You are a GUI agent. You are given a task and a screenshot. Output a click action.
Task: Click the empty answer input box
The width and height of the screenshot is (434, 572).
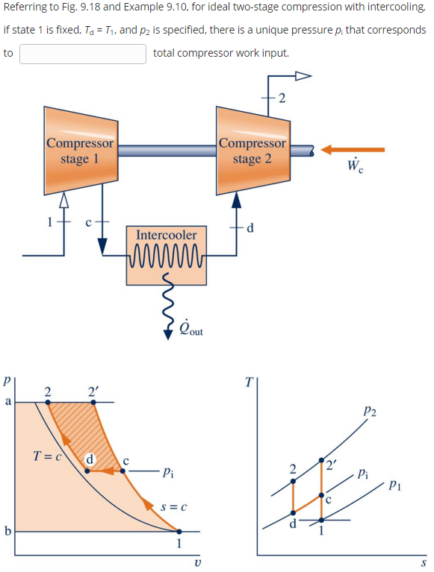click(83, 54)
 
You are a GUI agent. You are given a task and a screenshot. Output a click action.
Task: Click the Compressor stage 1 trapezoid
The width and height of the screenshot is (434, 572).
click(81, 151)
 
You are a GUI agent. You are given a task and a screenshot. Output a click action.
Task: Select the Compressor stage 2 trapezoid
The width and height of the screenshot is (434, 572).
click(252, 151)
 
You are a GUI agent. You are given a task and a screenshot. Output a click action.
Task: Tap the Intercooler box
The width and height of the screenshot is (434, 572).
click(167, 255)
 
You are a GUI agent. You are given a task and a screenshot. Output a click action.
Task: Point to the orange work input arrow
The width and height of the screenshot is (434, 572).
click(353, 150)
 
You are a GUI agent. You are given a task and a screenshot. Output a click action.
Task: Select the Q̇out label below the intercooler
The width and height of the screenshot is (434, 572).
click(191, 327)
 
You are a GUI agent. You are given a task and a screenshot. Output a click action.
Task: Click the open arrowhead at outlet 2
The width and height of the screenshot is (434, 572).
click(303, 75)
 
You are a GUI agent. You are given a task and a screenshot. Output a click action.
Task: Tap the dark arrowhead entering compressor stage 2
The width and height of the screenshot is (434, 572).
click(237, 200)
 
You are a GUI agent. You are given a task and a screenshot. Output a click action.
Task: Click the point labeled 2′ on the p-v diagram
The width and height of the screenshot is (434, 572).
click(93, 402)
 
